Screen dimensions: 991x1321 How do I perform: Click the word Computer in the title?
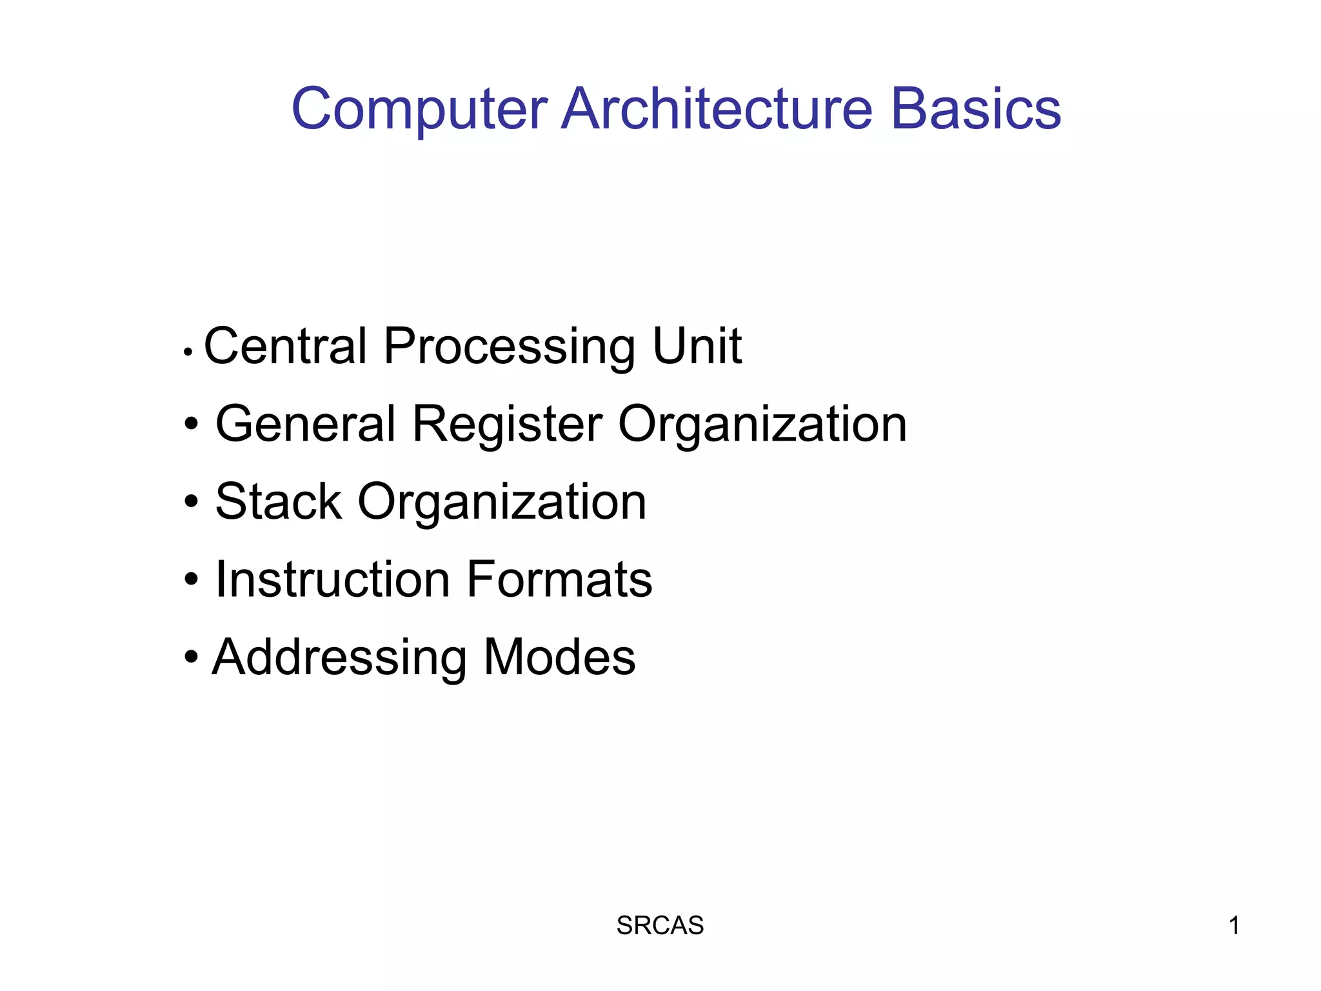(x=419, y=110)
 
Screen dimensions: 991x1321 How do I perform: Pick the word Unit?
(x=697, y=346)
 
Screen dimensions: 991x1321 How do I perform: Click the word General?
(x=305, y=424)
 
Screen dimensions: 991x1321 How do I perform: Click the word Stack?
(x=278, y=502)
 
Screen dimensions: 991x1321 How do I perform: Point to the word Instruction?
(x=332, y=579)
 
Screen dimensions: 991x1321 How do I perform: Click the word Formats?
(x=559, y=579)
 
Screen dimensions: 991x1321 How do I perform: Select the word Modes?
(x=559, y=657)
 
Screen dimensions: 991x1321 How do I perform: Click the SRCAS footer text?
(x=660, y=926)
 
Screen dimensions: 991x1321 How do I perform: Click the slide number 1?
(x=1234, y=926)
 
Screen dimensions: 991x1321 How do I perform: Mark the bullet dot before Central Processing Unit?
(x=188, y=352)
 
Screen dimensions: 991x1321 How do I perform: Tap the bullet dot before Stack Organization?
(x=191, y=501)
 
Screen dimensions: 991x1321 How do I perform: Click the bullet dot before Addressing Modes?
(x=191, y=657)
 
